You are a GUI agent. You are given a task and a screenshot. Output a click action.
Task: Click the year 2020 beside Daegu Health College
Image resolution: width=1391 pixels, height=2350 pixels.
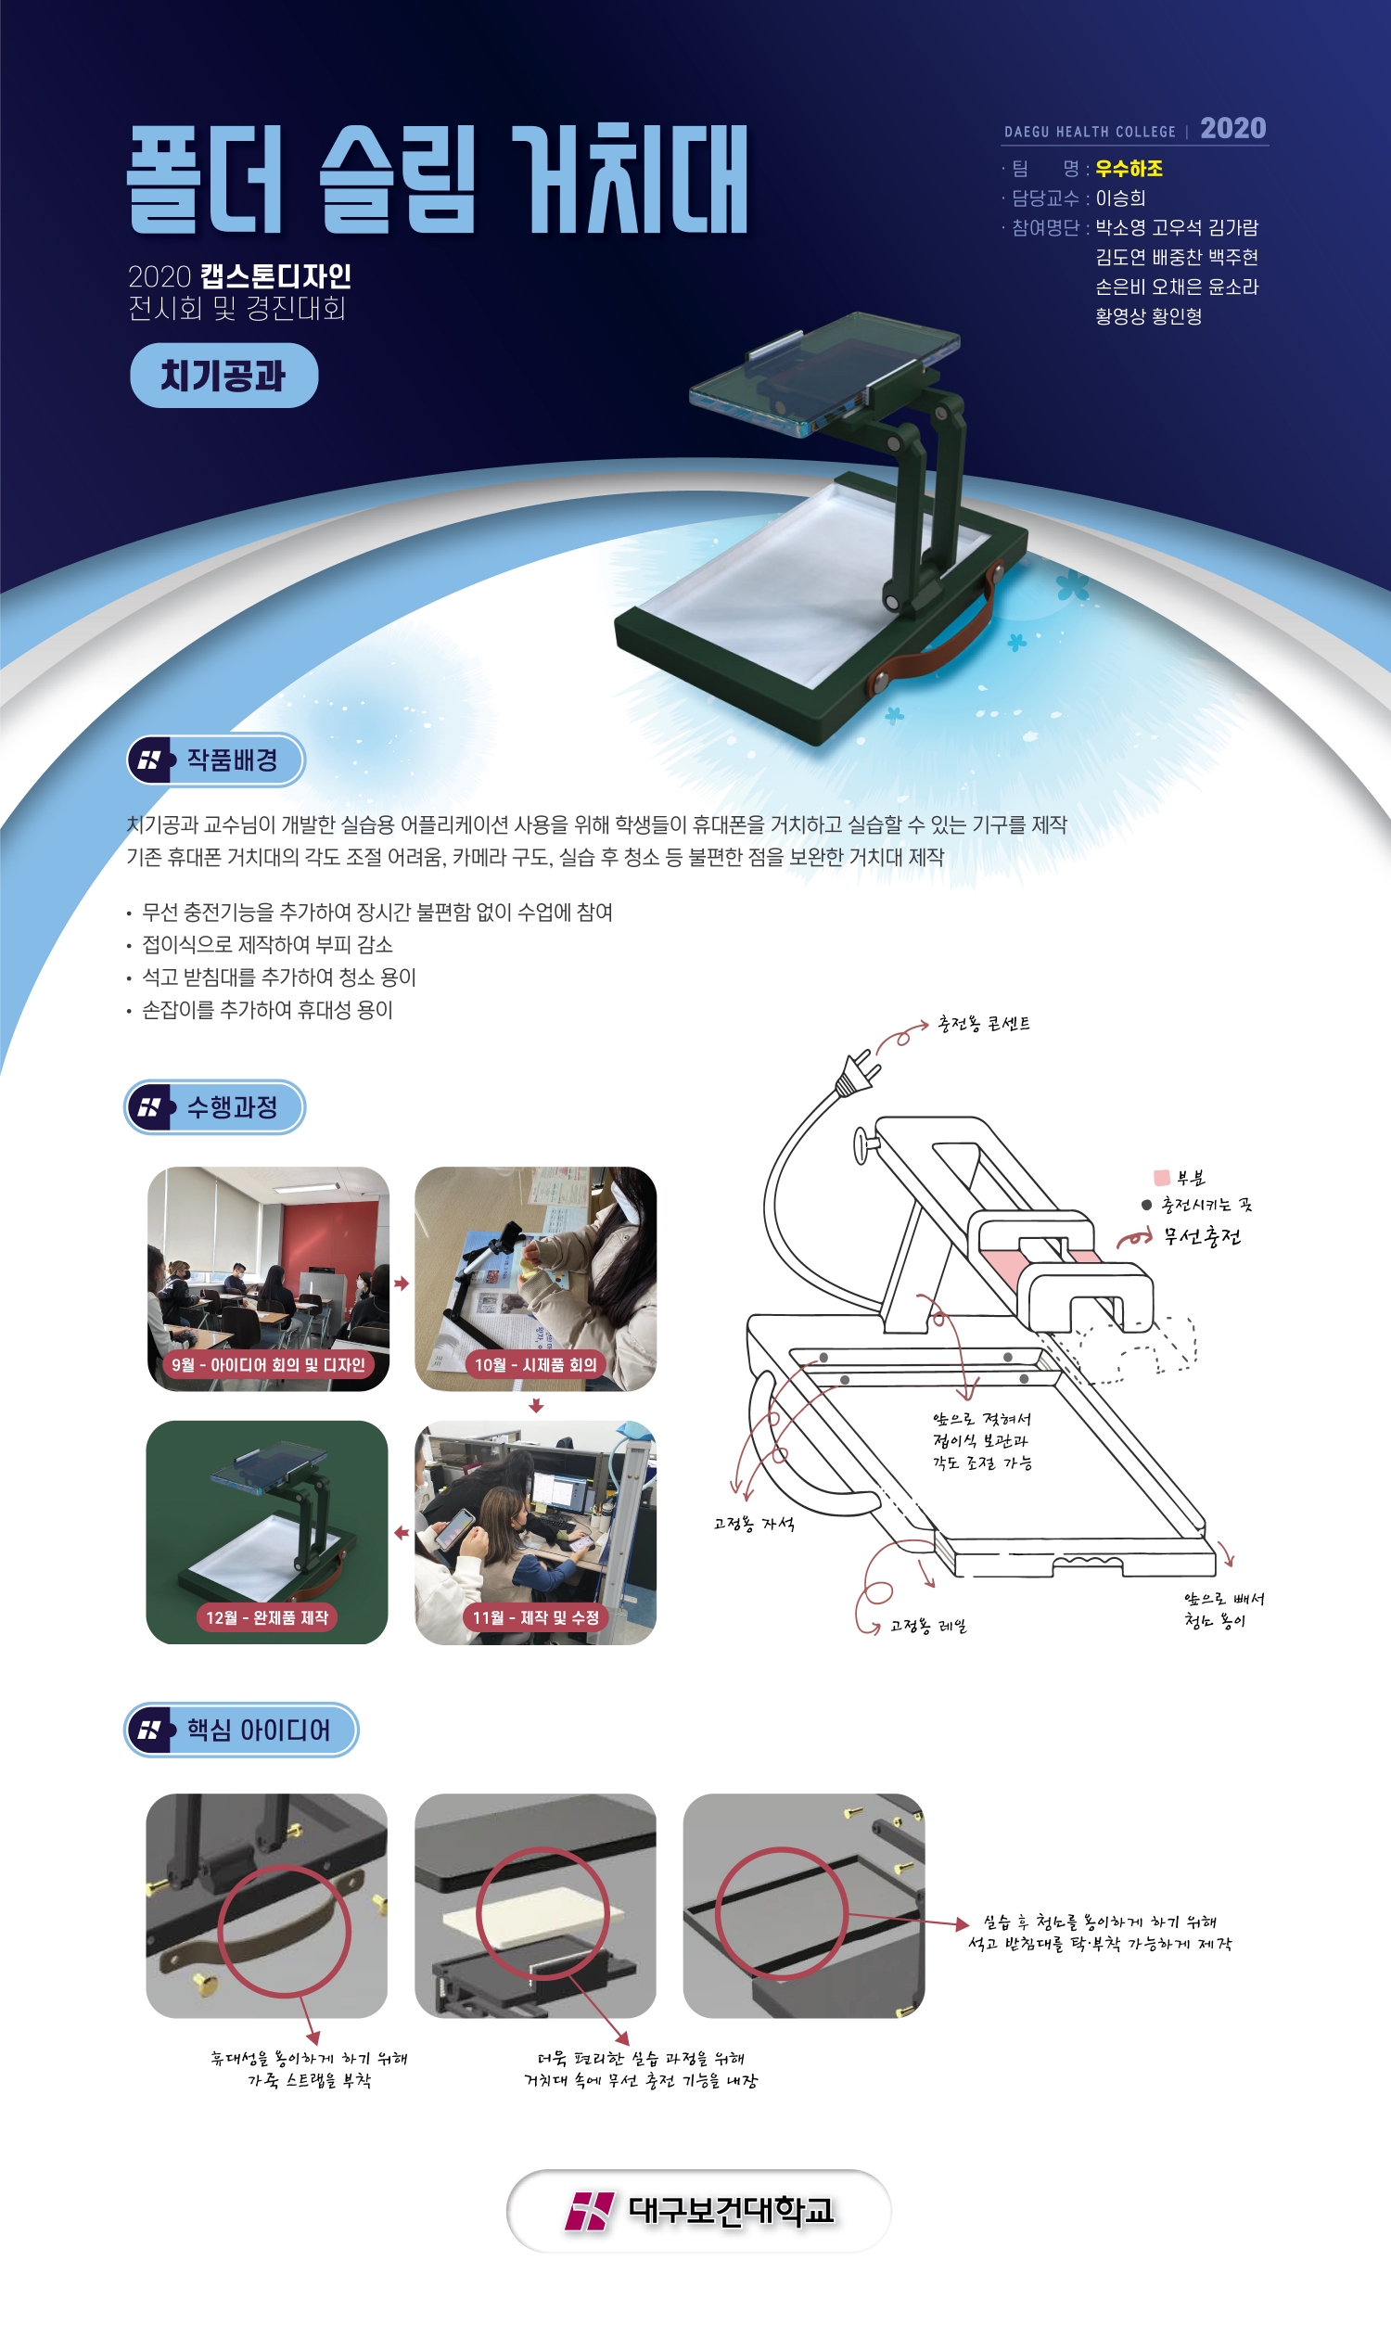point(1232,128)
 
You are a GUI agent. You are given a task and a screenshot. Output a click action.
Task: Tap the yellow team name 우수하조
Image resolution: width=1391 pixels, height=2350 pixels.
point(1129,169)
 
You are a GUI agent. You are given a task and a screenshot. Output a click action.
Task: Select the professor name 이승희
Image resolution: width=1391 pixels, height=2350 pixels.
point(1120,198)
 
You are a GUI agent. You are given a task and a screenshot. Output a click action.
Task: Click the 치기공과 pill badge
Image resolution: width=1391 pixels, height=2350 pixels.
point(224,375)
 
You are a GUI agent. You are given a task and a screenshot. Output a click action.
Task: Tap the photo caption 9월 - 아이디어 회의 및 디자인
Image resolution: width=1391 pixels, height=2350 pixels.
point(268,1365)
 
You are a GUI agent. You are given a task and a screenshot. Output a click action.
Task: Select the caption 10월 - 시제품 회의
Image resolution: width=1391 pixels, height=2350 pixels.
point(535,1365)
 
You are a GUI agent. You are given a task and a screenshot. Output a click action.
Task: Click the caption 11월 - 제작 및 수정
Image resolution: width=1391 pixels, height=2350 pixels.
point(535,1618)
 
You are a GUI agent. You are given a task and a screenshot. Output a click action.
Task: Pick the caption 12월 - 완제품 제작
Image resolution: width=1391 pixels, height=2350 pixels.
point(267,1618)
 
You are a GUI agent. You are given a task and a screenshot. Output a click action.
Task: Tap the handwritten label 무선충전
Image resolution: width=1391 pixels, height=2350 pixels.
point(1203,1236)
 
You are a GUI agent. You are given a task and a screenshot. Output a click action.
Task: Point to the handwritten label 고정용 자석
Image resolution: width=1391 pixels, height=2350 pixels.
point(754,1525)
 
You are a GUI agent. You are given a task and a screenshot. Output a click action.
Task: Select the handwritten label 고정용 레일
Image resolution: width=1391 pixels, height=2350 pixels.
point(928,1626)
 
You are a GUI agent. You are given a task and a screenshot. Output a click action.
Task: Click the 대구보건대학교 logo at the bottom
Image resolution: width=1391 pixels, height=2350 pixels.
point(699,2210)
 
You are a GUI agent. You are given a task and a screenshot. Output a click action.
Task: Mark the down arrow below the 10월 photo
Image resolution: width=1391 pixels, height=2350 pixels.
point(536,1405)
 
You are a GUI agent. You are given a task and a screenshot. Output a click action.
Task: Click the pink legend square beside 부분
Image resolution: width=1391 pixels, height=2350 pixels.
point(1161,1178)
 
